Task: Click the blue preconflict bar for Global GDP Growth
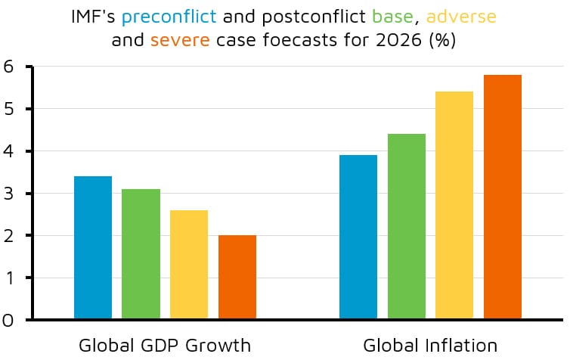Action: (93, 247)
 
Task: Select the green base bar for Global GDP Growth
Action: (141, 253)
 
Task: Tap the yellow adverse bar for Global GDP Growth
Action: (189, 264)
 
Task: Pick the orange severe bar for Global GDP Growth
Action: (237, 277)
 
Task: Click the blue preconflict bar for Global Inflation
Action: (358, 237)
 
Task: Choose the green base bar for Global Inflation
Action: (407, 226)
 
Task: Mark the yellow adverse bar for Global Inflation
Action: (454, 205)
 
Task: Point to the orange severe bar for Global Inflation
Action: (503, 197)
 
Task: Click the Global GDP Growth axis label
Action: (164, 346)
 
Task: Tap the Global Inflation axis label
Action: (430, 346)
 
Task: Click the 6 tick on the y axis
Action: (8, 67)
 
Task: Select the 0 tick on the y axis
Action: (8, 320)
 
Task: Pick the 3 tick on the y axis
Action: (8, 194)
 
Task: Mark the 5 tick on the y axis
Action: (8, 109)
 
